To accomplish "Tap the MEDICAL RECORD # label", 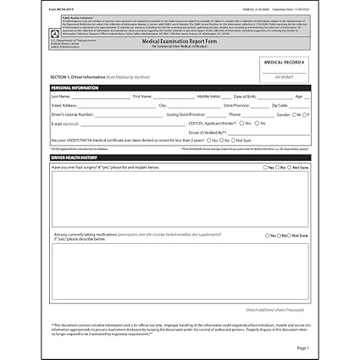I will click(x=285, y=61).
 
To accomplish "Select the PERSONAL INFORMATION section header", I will click(x=75, y=87).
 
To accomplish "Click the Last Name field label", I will click(x=60, y=97).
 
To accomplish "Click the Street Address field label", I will click(x=65, y=105).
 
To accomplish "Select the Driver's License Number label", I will click(x=73, y=114).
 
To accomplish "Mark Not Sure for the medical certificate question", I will click(x=232, y=140).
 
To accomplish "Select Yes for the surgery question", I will click(x=266, y=167).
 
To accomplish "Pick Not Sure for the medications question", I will click(x=292, y=235).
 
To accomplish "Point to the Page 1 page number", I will click(x=302, y=347).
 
